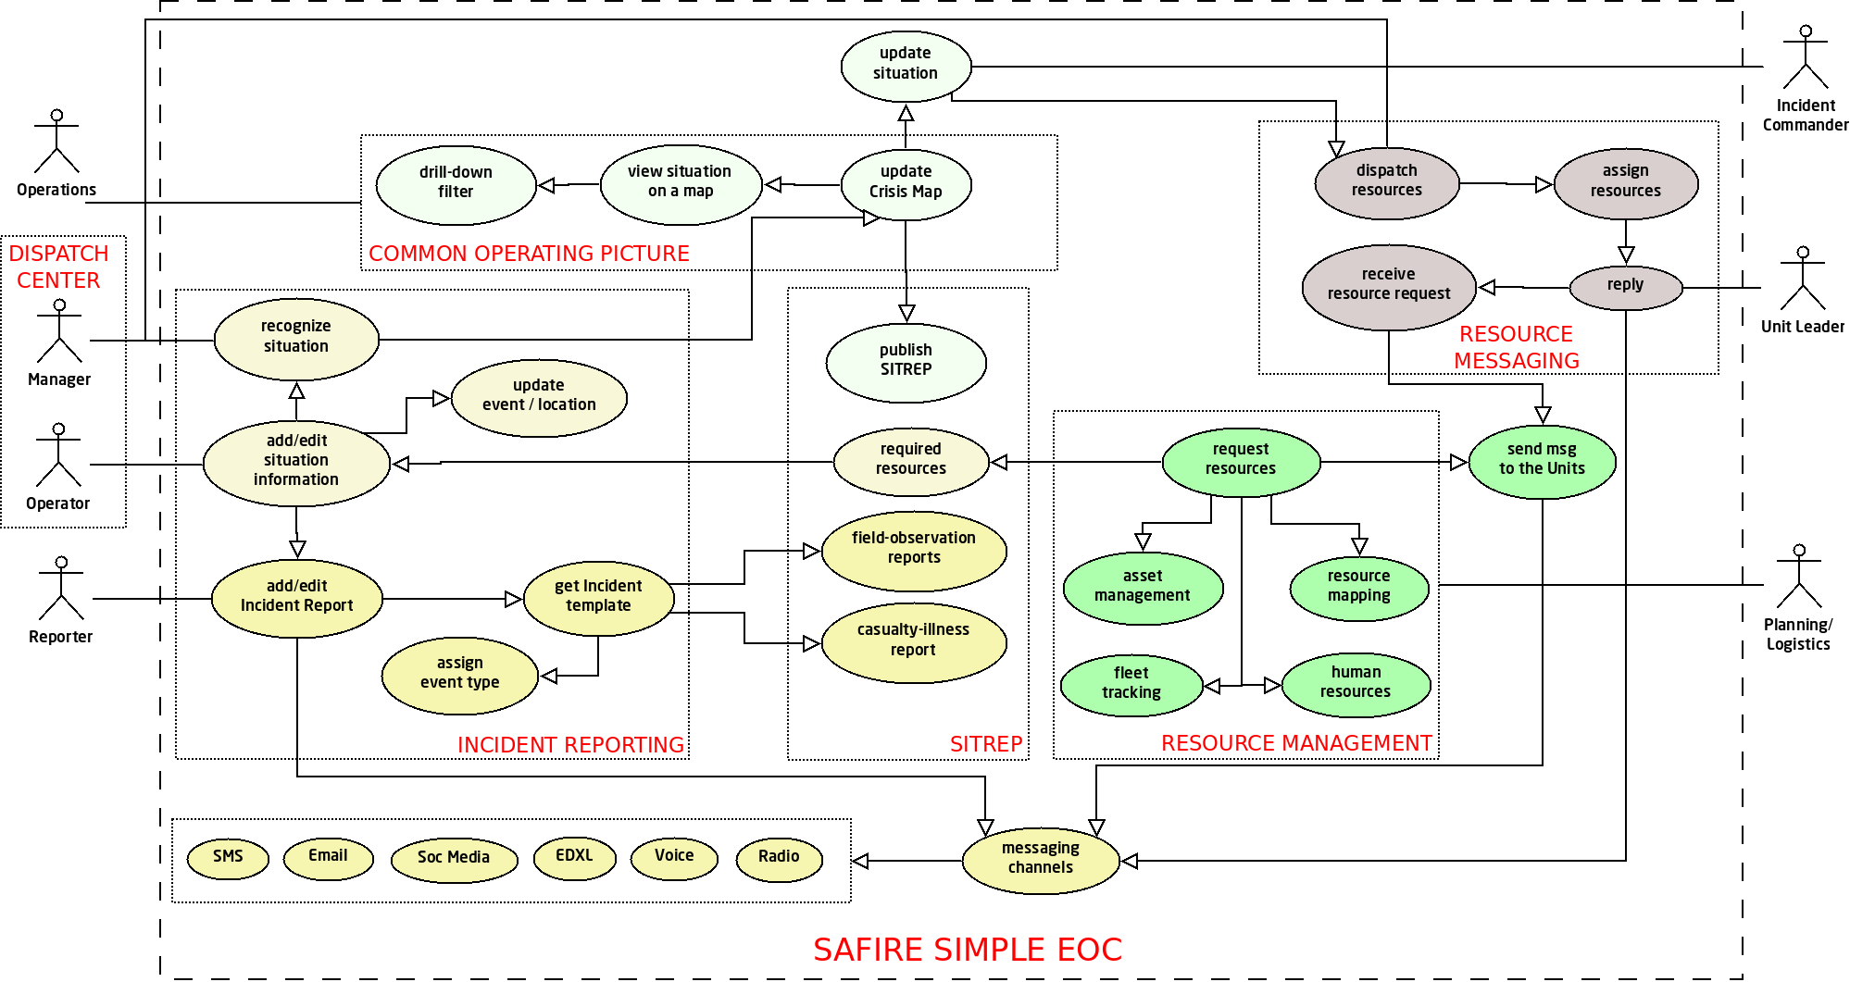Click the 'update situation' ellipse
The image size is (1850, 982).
pos(906,64)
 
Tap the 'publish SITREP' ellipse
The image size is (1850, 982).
pos(906,361)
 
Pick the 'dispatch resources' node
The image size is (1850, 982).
pos(1386,181)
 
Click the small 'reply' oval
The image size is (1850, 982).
pos(1625,286)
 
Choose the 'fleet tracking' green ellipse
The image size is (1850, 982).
pos(1131,684)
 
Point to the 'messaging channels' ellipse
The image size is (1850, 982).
pos(1041,859)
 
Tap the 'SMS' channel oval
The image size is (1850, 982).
pos(228,857)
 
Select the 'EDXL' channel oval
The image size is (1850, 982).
pos(574,857)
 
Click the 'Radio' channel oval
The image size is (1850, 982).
pos(779,858)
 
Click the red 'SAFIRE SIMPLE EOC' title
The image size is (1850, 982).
pos(968,950)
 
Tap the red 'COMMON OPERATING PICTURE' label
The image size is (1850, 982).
pos(529,254)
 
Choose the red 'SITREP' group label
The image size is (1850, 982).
pos(986,744)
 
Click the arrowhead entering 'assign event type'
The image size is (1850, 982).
pos(549,677)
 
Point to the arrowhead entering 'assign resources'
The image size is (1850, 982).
pos(1544,184)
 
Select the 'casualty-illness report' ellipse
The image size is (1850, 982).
pos(913,640)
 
